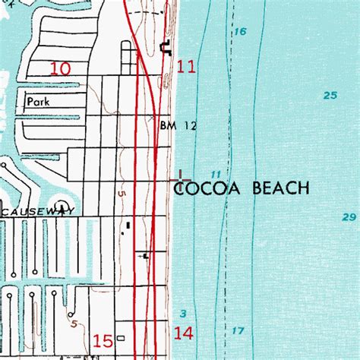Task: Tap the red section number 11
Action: point(186,67)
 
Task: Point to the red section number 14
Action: point(184,332)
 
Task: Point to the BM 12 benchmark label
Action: point(178,127)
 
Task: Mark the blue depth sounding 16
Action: point(241,31)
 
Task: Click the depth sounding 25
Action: point(329,95)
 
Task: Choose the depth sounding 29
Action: point(349,217)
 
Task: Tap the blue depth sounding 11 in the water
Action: point(217,174)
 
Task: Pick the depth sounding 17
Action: point(238,330)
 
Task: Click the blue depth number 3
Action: point(184,312)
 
